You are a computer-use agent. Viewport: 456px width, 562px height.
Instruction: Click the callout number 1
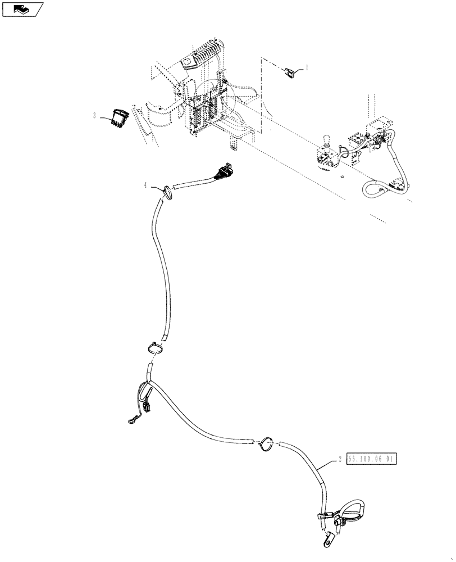pyautogui.click(x=307, y=67)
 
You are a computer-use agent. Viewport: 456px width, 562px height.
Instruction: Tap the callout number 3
pyautogui.click(x=94, y=115)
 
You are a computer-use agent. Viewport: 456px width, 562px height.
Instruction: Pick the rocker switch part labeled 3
pyautogui.click(x=120, y=117)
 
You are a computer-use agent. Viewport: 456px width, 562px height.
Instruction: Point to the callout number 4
pyautogui.click(x=145, y=185)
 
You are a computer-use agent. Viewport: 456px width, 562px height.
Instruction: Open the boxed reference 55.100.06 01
pyautogui.click(x=372, y=459)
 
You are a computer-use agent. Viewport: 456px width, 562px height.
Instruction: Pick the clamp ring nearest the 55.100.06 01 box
pyautogui.click(x=268, y=443)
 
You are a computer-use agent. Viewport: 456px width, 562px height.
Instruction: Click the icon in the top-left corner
pyautogui.click(x=22, y=8)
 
